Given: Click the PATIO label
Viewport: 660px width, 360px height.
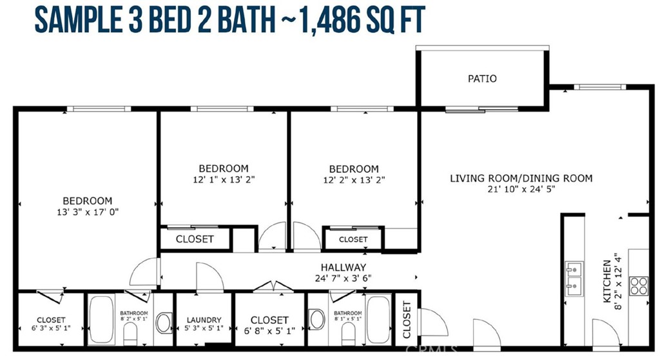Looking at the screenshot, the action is coord(482,79).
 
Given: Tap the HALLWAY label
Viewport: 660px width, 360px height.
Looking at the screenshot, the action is coord(343,267).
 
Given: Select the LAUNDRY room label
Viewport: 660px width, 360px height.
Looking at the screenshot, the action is coord(204,320).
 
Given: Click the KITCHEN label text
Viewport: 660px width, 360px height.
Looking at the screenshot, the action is coord(607,281).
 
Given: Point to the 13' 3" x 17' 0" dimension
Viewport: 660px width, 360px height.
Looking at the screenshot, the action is coord(88,212).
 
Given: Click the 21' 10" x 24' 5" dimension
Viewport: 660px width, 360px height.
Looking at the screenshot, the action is coord(521,189).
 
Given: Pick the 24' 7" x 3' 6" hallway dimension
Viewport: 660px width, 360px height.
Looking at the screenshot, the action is coord(343,278).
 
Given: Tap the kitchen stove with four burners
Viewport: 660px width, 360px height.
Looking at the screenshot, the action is coord(639,285).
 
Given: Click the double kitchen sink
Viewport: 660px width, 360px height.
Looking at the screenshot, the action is coord(574,278).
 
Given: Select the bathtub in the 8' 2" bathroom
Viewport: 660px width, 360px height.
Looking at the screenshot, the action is coord(101,319).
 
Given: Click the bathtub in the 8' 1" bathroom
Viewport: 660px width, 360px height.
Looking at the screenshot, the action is coord(378,319).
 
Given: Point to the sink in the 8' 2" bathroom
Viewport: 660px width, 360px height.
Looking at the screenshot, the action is coord(164,323).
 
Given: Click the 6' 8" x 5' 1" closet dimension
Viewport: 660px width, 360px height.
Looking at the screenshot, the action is coord(269,331).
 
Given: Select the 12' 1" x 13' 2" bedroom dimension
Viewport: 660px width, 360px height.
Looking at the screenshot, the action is coord(224,179).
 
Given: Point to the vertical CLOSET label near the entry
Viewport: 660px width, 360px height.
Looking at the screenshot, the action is coord(407,319).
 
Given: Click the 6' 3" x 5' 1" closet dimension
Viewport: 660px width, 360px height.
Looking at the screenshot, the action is coord(51,328).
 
